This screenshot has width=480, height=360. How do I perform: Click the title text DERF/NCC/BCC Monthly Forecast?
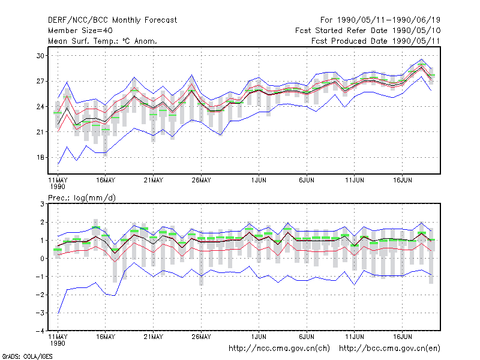click(x=112, y=20)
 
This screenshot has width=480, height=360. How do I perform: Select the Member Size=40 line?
click(x=80, y=31)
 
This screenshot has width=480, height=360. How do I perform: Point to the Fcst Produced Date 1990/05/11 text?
click(x=376, y=41)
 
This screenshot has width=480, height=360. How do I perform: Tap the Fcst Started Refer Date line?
click(x=368, y=31)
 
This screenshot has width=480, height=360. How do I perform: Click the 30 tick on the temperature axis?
click(x=40, y=56)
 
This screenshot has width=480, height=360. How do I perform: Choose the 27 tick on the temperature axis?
click(x=40, y=81)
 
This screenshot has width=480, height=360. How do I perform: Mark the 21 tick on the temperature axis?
click(x=40, y=132)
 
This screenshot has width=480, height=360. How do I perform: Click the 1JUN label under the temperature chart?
click(x=259, y=180)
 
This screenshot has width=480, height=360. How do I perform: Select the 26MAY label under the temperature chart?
click(x=201, y=180)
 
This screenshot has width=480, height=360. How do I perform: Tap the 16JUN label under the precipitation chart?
click(x=402, y=337)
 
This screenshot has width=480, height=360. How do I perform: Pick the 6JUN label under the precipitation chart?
click(x=307, y=337)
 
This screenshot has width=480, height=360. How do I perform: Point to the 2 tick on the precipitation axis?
click(x=42, y=222)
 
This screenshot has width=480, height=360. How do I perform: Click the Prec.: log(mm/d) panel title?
click(x=82, y=198)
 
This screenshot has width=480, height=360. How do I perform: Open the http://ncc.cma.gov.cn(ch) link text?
click(x=279, y=349)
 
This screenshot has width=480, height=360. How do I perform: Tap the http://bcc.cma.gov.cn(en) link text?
click(x=389, y=349)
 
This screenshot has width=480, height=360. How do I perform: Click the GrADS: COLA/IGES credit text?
click(x=27, y=356)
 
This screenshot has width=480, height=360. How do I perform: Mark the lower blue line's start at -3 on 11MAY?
click(x=58, y=313)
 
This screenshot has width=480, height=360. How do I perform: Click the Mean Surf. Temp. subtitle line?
click(x=102, y=41)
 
